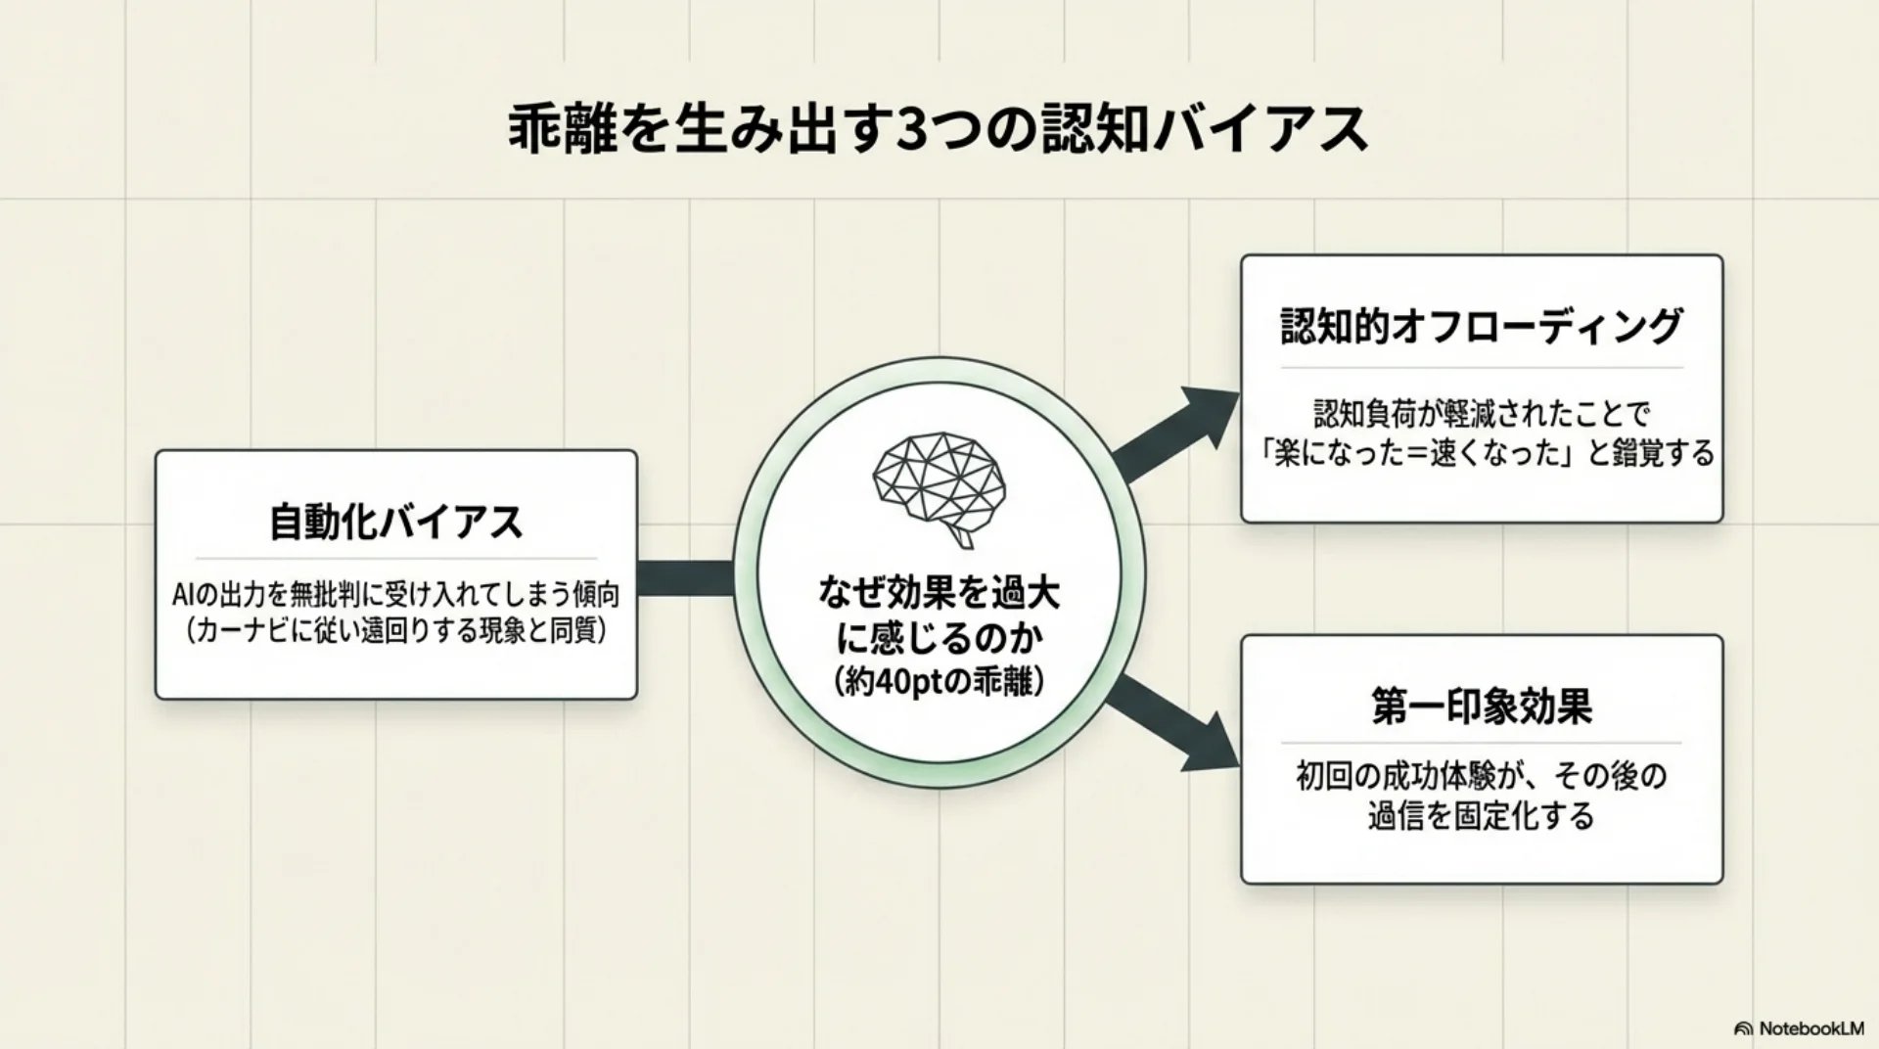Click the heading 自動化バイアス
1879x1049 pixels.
pyautogui.click(x=396, y=522)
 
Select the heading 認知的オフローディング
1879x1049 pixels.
pyautogui.click(x=1481, y=327)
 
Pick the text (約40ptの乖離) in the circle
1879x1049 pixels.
pyautogui.click(x=939, y=682)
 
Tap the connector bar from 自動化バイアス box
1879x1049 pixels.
pyautogui.click(x=685, y=577)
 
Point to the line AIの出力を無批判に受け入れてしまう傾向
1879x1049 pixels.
pyautogui.click(x=396, y=594)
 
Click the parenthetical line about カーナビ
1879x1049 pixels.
pyautogui.click(x=396, y=631)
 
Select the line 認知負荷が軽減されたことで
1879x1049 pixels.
pyautogui.click(x=1481, y=414)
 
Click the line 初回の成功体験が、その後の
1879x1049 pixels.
pyautogui.click(x=1481, y=777)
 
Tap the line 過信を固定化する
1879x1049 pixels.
pyautogui.click(x=1481, y=816)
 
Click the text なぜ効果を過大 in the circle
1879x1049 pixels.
pyautogui.click(x=939, y=594)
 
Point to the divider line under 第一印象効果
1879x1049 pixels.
pyautogui.click(x=1481, y=743)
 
